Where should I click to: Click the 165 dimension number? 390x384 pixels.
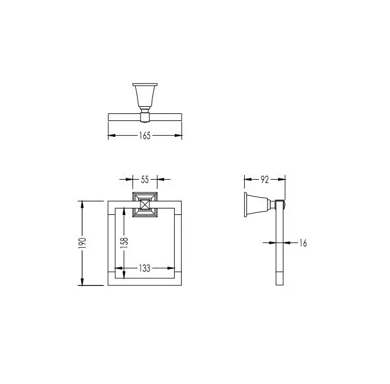145,136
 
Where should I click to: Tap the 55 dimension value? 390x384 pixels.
145,179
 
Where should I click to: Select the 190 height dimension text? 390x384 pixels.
82,243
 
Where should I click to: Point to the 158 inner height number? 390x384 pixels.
124,241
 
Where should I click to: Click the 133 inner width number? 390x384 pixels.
145,268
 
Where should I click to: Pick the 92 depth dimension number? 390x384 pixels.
265,180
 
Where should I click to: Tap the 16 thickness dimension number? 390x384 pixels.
303,242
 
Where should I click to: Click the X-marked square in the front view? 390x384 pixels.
145,205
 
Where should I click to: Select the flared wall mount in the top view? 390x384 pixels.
145,96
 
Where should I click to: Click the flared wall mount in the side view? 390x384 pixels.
258,204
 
